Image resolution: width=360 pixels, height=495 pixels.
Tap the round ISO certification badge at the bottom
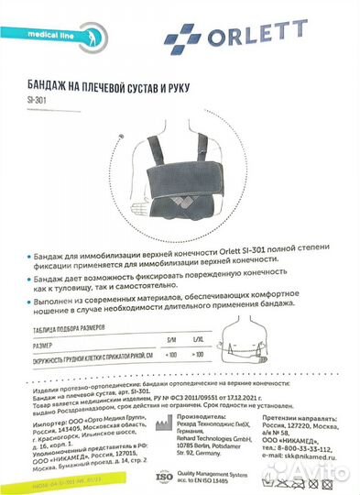(162, 478)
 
